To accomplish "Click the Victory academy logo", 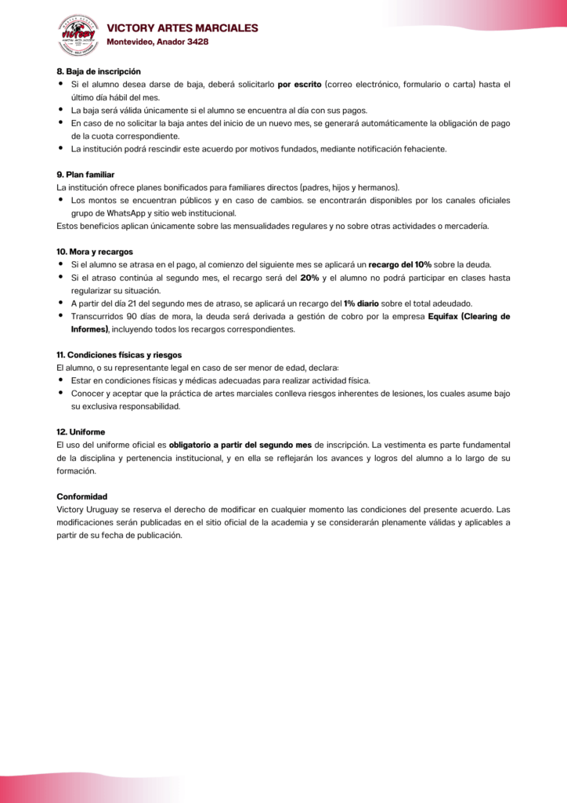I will click(78, 35).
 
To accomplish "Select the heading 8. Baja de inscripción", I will click(99, 71).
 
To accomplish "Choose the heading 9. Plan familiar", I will click(85, 174).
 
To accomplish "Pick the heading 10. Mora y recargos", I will click(95, 252).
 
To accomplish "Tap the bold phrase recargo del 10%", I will click(399, 264).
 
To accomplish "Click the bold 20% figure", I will click(309, 278).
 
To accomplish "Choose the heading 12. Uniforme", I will click(81, 432).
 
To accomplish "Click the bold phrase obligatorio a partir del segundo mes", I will click(240, 445).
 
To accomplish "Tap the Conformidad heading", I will click(82, 496).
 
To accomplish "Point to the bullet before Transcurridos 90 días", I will click(61, 316).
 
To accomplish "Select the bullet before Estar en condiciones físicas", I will click(61, 380).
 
